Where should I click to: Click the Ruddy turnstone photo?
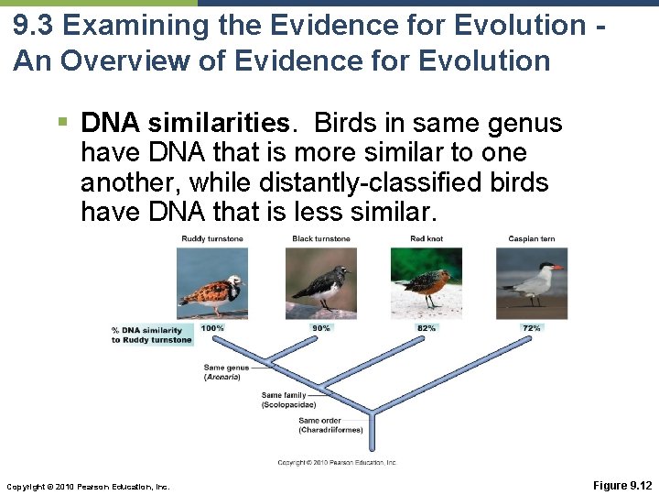tap(211, 282)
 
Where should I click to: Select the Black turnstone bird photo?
tap(321, 282)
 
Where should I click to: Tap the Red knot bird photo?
tap(427, 282)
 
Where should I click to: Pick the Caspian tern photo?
tap(532, 282)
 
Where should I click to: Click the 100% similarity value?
tap(212, 328)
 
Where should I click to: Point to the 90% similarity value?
tap(321, 328)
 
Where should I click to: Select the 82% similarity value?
tap(427, 328)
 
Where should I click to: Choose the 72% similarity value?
tap(532, 328)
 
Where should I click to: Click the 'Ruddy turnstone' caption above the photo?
tap(211, 239)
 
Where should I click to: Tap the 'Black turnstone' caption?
tap(321, 239)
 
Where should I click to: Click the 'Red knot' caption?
tap(427, 239)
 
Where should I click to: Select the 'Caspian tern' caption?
tap(532, 239)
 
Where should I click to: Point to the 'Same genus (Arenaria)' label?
tap(222, 372)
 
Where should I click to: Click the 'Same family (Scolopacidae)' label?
tap(290, 400)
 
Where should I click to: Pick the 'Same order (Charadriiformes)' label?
tap(330, 425)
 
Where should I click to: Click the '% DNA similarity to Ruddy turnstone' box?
tap(151, 335)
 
